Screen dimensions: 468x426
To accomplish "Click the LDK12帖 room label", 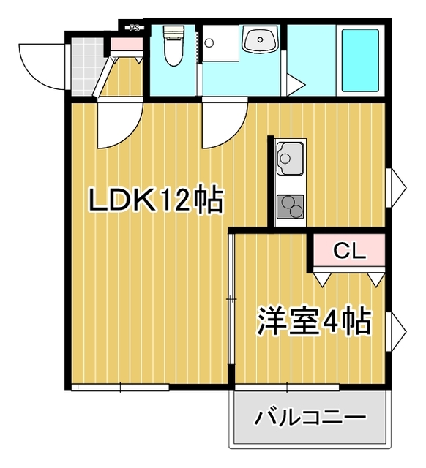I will pyautogui.click(x=156, y=200).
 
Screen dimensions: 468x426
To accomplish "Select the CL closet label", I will pyautogui.click(x=348, y=251).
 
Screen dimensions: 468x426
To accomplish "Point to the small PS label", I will pyautogui.click(x=134, y=29).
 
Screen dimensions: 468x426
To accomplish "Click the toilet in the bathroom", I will pyautogui.click(x=173, y=51).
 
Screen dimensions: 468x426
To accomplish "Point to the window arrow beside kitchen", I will pyautogui.click(x=398, y=183).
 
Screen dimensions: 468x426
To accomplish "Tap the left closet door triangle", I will pyautogui.click(x=322, y=279).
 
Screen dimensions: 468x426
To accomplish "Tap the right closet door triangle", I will pyautogui.click(x=375, y=279).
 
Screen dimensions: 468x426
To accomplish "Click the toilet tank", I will pyautogui.click(x=173, y=32).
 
